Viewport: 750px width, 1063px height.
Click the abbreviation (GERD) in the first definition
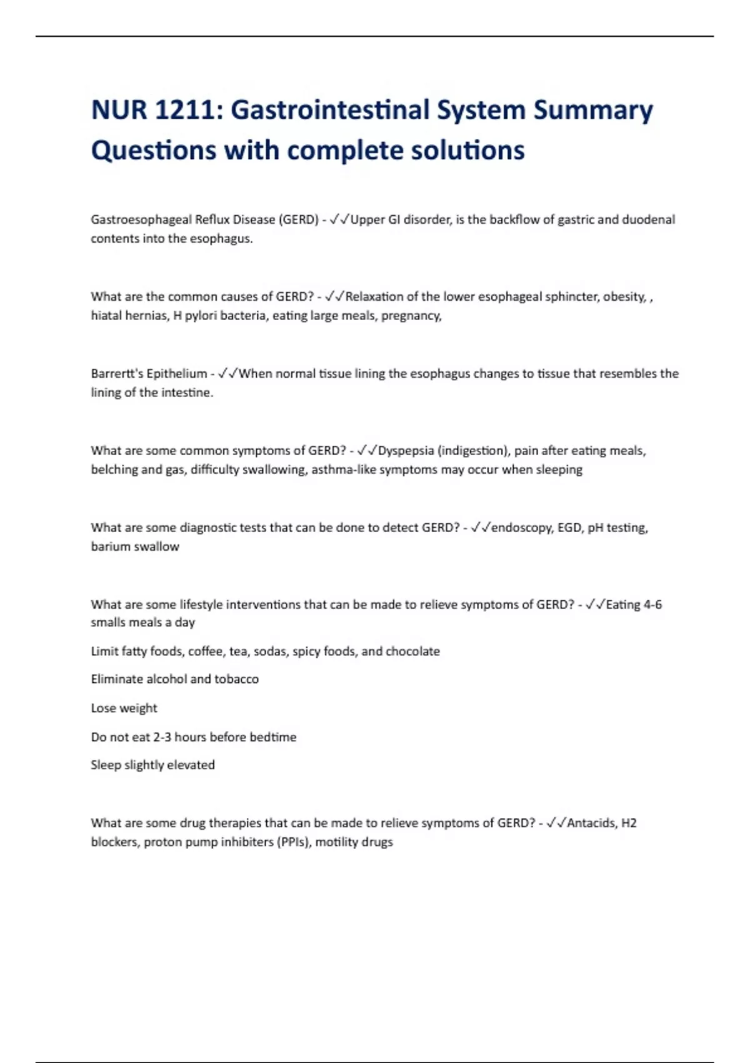click(299, 219)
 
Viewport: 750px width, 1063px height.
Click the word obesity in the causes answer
click(624, 296)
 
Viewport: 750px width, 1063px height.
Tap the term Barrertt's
click(117, 373)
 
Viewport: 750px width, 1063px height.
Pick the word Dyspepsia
click(406, 450)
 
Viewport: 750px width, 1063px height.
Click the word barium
click(110, 547)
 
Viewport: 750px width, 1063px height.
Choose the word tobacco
click(236, 679)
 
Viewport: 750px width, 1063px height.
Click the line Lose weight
click(124, 708)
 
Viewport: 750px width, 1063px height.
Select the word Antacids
click(591, 823)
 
